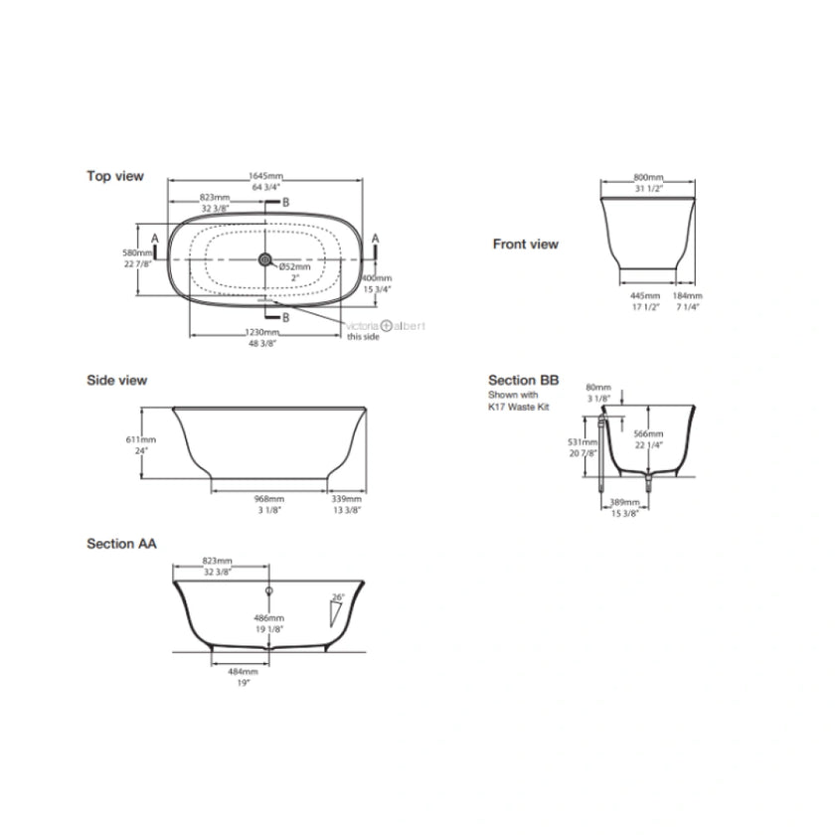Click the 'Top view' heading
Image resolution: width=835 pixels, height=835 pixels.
pyautogui.click(x=115, y=176)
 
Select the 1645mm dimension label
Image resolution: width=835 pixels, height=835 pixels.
pyautogui.click(x=265, y=176)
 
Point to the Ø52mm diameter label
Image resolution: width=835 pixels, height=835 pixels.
pyautogui.click(x=294, y=267)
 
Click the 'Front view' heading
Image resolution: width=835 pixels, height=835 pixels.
pyautogui.click(x=526, y=244)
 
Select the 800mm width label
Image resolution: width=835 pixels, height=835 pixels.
pyautogui.click(x=648, y=177)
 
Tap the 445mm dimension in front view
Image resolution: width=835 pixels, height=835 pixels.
pyautogui.click(x=645, y=296)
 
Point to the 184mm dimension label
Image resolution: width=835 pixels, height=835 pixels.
pyautogui.click(x=688, y=296)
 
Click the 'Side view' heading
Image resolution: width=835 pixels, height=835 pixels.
pyautogui.click(x=117, y=380)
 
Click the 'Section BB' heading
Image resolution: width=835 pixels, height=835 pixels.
pyautogui.click(x=523, y=380)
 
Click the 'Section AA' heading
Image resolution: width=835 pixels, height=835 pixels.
pyautogui.click(x=121, y=544)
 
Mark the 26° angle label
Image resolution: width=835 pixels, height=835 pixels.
pyautogui.click(x=338, y=597)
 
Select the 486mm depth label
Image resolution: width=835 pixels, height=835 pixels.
pyautogui.click(x=268, y=618)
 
